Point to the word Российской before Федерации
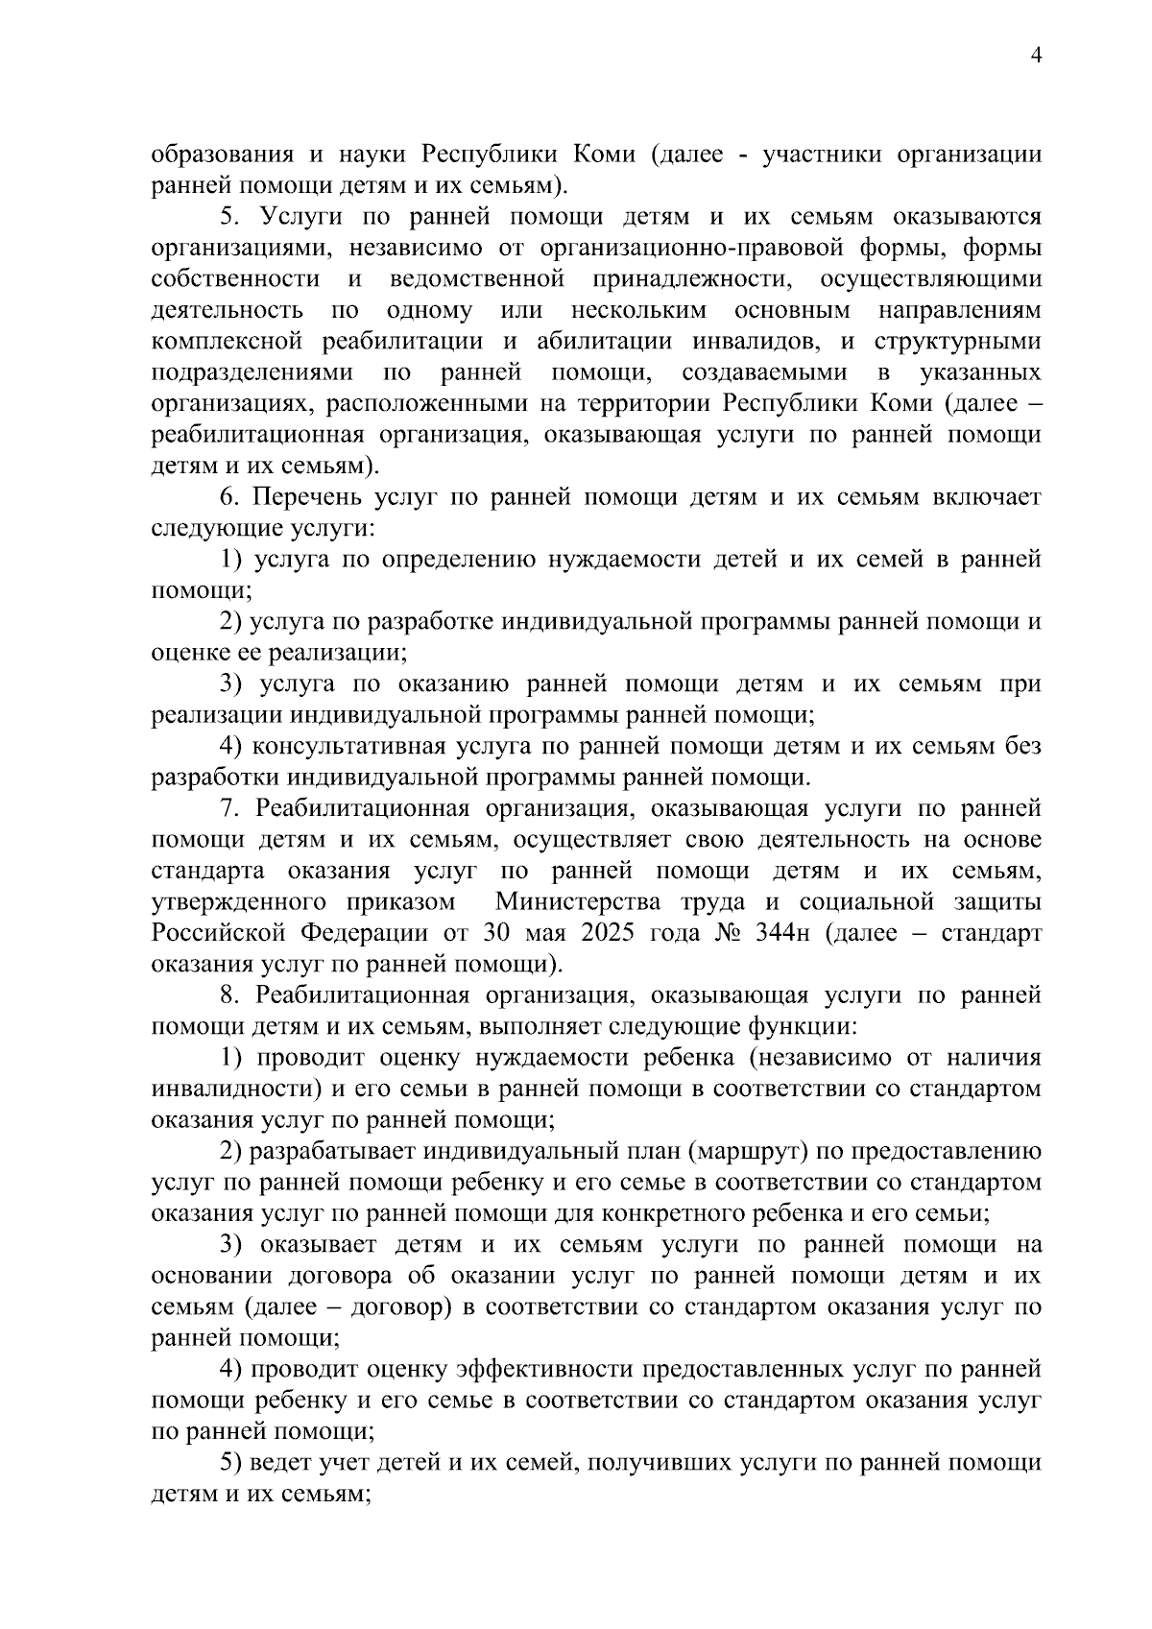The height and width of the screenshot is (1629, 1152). (222, 933)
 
